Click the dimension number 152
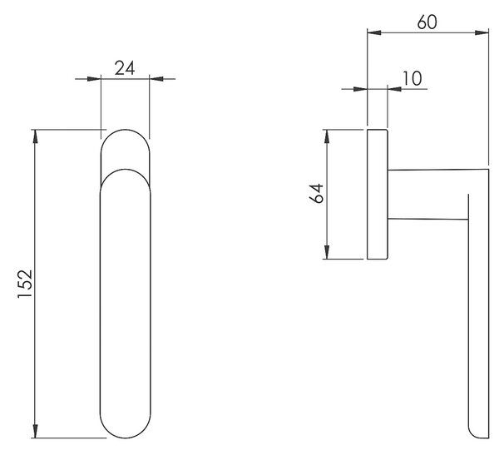pyautogui.click(x=25, y=284)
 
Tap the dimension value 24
pyautogui.click(x=125, y=68)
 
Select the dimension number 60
pyautogui.click(x=427, y=22)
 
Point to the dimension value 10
pyautogui.click(x=413, y=78)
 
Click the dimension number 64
pyautogui.click(x=316, y=193)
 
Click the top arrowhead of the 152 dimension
pyautogui.click(x=35, y=136)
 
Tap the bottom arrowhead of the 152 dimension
pyautogui.click(x=35, y=431)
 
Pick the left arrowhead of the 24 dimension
pyautogui.click(x=94, y=79)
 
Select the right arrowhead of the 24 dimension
pyautogui.click(x=156, y=79)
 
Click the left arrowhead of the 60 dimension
pyautogui.click(x=374, y=32)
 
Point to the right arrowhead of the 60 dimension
pyautogui.click(x=482, y=32)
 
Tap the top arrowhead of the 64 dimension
pyautogui.click(x=327, y=136)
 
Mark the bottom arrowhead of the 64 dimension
pyautogui.click(x=327, y=252)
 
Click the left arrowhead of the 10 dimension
pyautogui.click(x=361, y=89)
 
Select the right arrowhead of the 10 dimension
pyautogui.click(x=394, y=89)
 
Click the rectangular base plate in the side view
pyautogui.click(x=378, y=194)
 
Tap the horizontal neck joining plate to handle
pyautogui.click(x=428, y=194)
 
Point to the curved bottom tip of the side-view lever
pyautogui.click(x=477, y=433)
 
